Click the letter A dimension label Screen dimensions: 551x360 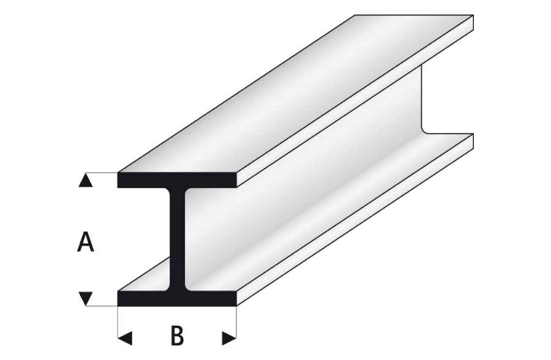click(85, 242)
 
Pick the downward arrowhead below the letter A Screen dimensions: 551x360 click(85, 298)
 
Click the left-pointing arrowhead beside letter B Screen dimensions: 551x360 click(125, 338)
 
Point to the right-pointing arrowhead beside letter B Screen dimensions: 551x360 click(229, 338)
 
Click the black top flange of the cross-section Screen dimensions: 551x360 click(177, 179)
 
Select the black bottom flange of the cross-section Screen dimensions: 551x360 click(177, 299)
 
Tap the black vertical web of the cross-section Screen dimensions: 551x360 click(177, 239)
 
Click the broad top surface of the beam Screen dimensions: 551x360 click(295, 94)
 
